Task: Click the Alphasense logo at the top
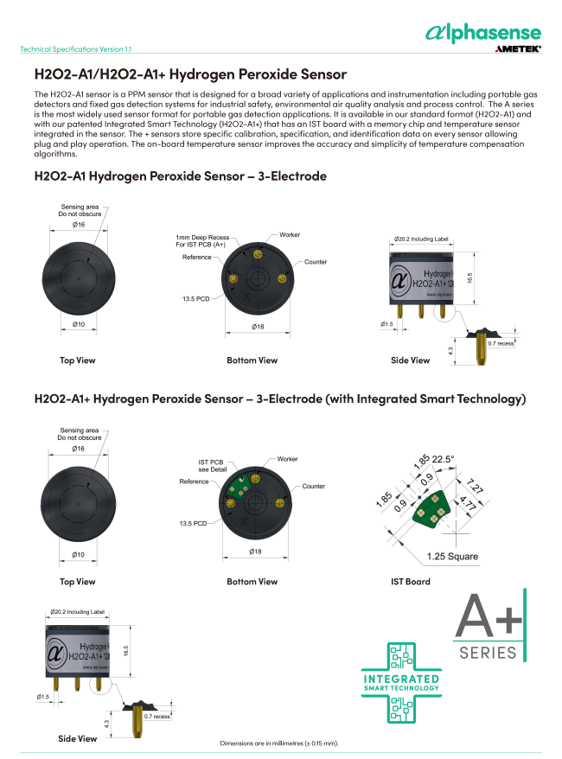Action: pos(483,33)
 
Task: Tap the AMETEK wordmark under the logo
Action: pos(518,50)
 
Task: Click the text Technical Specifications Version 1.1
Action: pos(75,49)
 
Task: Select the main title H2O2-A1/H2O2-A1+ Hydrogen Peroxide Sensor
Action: pos(189,74)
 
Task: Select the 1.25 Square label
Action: pos(452,556)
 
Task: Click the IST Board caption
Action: pos(410,582)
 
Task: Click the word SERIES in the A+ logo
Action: pos(489,652)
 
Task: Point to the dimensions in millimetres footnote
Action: pos(279,743)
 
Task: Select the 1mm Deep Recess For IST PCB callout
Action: pos(202,241)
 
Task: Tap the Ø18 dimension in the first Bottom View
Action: pos(257,326)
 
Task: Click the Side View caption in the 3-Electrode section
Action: pos(410,360)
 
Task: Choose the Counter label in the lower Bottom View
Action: pos(313,487)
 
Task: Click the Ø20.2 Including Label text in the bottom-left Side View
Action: pos(77,611)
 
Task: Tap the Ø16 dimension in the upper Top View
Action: pos(78,224)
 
